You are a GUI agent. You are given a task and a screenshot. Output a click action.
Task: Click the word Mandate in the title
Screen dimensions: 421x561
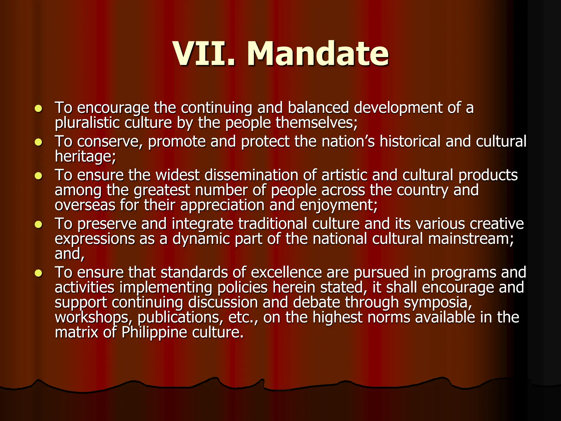pyautogui.click(x=318, y=54)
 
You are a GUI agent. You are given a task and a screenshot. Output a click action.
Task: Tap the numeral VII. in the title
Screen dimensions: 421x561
pyautogui.click(x=204, y=54)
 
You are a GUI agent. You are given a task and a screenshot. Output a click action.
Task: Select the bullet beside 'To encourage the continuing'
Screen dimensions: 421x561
pyautogui.click(x=39, y=109)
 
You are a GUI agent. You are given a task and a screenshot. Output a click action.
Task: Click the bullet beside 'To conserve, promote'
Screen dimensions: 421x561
pyautogui.click(x=39, y=142)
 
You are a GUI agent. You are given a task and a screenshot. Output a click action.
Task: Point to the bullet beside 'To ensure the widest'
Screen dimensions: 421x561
pyautogui.click(x=39, y=176)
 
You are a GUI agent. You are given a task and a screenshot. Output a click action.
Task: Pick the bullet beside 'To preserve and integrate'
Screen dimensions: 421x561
pyautogui.click(x=39, y=225)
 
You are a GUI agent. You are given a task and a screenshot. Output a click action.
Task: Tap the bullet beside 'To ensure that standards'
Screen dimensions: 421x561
pyautogui.click(x=39, y=273)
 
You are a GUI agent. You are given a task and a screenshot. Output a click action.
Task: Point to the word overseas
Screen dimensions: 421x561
pyautogui.click(x=85, y=206)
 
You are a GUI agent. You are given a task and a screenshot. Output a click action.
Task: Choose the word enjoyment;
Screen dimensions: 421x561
pyautogui.click(x=339, y=206)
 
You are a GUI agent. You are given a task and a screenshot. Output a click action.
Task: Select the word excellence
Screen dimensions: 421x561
pyautogui.click(x=286, y=273)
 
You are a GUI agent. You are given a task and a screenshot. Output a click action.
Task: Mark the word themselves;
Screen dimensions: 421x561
pyautogui.click(x=316, y=123)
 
